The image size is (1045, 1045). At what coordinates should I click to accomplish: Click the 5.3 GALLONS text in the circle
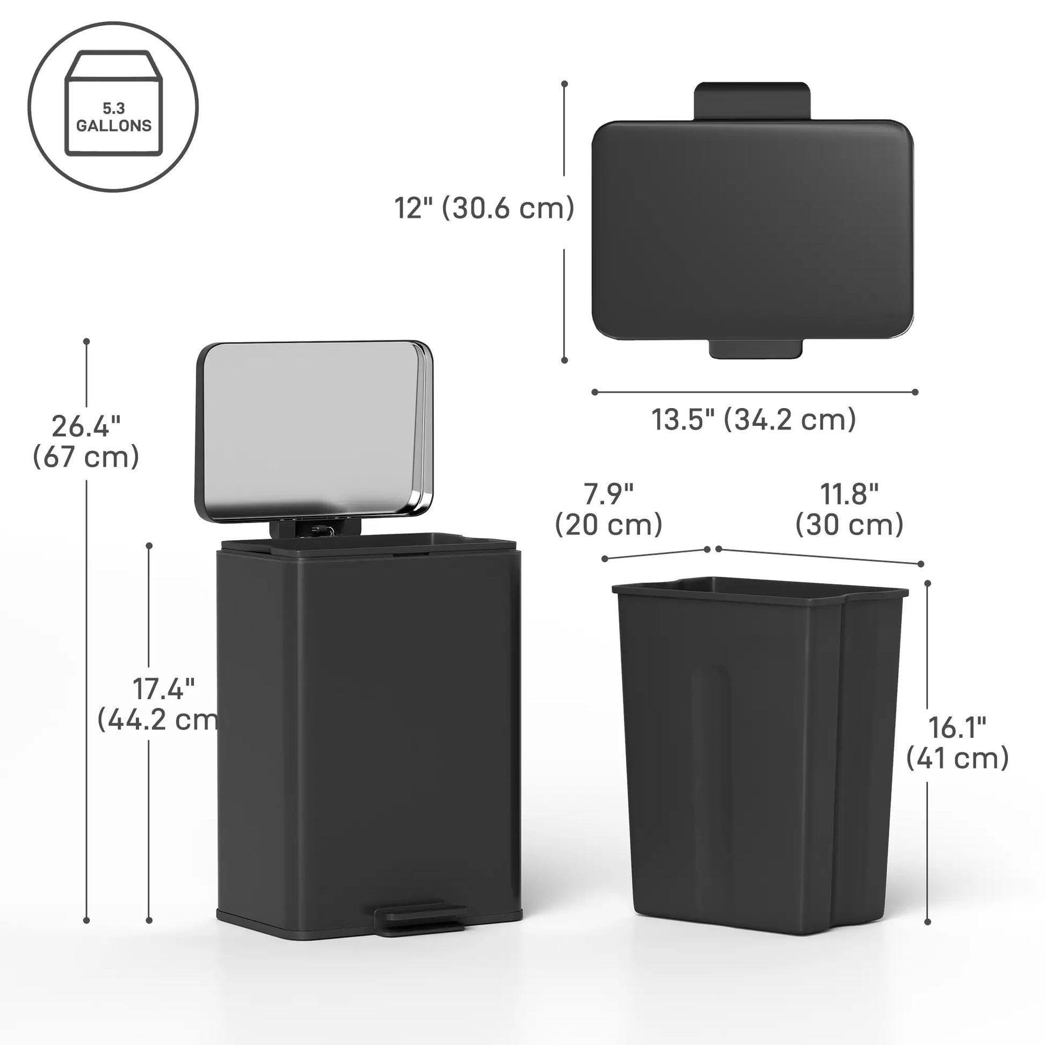114,118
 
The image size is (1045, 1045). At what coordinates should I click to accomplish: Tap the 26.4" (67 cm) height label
86,441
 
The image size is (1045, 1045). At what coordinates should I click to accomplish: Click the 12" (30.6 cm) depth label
484,208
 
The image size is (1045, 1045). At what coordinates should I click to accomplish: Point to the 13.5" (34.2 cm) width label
753,419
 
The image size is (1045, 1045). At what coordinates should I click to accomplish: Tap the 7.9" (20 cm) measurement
608,509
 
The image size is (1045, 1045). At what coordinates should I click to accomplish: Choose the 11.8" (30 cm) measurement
849,509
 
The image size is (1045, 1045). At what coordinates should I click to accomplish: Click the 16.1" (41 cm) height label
957,743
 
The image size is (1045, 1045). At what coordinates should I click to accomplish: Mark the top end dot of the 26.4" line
86,342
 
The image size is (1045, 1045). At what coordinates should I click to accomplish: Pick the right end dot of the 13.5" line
915,392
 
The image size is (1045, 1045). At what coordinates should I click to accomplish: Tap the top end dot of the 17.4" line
149,546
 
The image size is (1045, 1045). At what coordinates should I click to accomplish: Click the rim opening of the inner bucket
757,590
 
